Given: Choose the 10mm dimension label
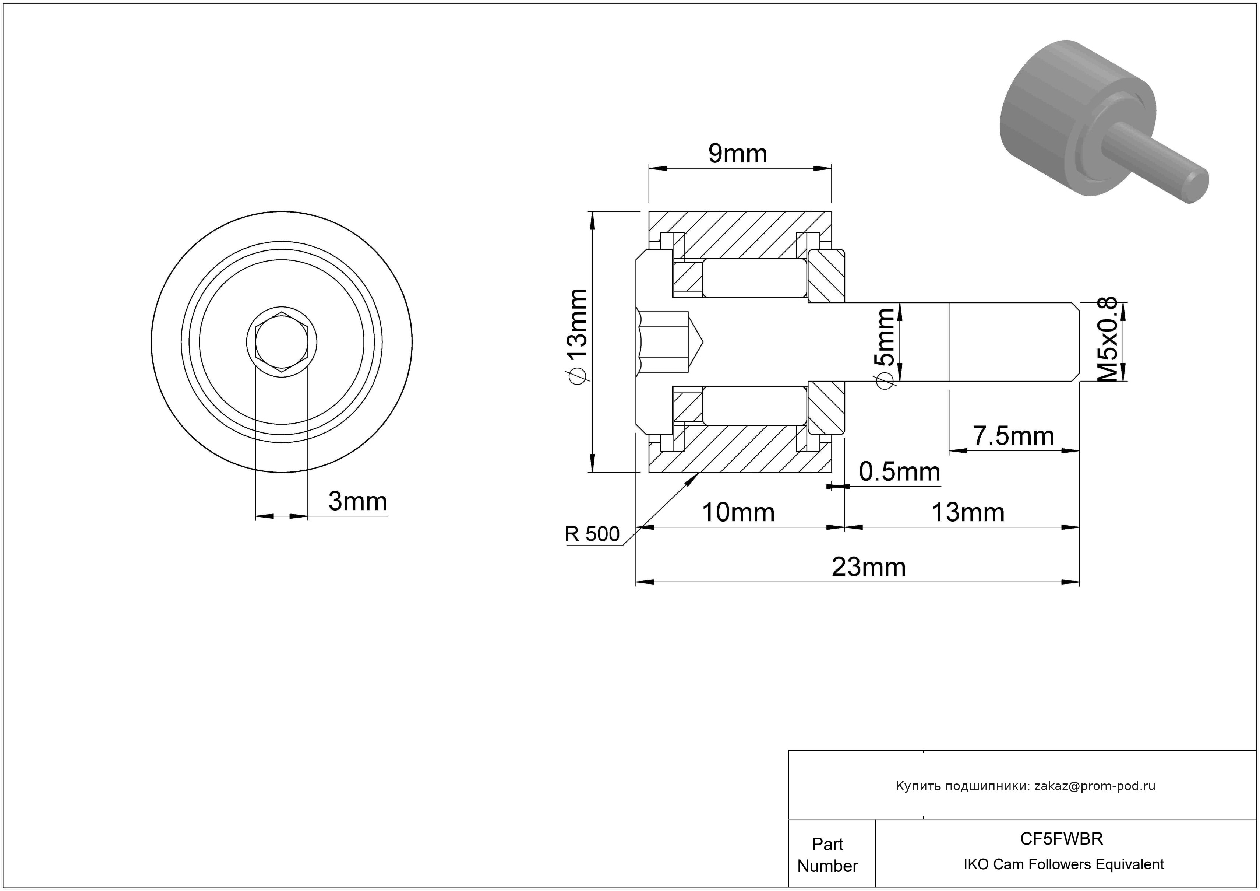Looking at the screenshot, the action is (x=738, y=512).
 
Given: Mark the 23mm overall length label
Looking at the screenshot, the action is (x=869, y=567).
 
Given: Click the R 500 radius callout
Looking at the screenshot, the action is (x=592, y=534).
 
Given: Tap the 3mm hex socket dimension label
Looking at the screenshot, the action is (x=358, y=501).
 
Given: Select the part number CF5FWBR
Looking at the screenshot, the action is (x=1061, y=838).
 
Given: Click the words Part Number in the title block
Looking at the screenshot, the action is (x=827, y=855).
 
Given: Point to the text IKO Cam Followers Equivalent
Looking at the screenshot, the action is (x=1063, y=864).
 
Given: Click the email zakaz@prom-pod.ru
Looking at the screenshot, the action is (x=1095, y=786).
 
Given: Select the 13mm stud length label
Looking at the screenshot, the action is (x=968, y=512).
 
